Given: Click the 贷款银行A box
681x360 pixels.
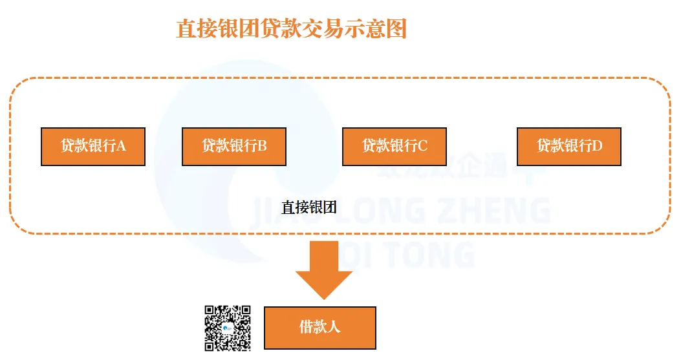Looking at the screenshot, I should [92, 147].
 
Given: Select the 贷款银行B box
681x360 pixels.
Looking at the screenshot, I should [233, 147].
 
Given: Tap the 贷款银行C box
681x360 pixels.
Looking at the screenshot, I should [394, 147].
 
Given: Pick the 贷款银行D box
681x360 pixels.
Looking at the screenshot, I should [568, 147].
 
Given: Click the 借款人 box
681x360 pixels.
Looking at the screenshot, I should [319, 328].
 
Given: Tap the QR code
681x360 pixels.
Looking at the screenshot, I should [228, 328].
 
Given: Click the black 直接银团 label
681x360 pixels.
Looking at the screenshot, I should [308, 207].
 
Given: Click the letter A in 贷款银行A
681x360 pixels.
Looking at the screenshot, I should [121, 147].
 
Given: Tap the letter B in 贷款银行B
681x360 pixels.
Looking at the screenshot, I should [262, 147].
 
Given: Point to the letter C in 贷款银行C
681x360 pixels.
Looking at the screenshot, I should [422, 147].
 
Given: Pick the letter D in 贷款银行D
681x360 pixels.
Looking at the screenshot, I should [597, 147].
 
